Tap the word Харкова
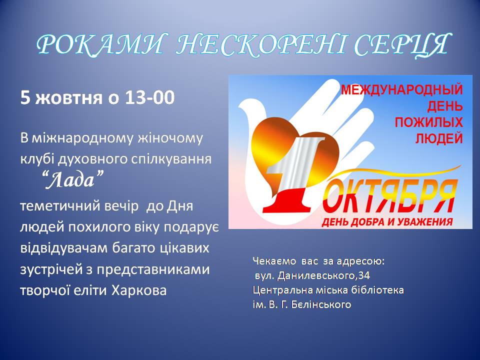[x=139, y=290]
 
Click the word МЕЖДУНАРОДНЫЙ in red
[x=402, y=89]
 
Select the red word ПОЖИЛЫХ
[x=428, y=122]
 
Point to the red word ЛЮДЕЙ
[x=439, y=138]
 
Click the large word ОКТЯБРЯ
[x=389, y=195]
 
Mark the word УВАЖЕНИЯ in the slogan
[x=425, y=221]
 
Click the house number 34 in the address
[x=364, y=275]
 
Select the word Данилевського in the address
[x=317, y=276]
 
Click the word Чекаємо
[x=274, y=261]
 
